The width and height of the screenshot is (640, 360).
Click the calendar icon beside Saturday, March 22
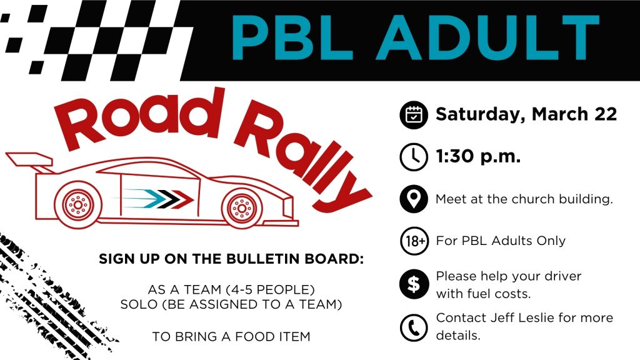pyautogui.click(x=414, y=115)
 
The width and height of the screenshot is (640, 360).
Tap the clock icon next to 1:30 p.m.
pyautogui.click(x=414, y=157)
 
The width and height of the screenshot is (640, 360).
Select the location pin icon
pyautogui.click(x=414, y=199)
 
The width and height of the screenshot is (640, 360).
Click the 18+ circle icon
pyautogui.click(x=414, y=241)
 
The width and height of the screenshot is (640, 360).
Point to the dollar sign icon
pyautogui.click(x=414, y=284)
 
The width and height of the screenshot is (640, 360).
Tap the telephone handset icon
pyautogui.click(x=414, y=327)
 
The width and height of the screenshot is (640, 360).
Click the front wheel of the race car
pyautogui.click(x=242, y=208)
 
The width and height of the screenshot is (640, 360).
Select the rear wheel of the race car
pyautogui.click(x=78, y=204)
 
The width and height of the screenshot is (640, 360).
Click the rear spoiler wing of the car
pyautogui.click(x=29, y=161)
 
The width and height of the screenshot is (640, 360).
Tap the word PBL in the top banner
pyautogui.click(x=292, y=37)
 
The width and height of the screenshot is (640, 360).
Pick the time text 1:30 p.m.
pyautogui.click(x=478, y=157)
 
